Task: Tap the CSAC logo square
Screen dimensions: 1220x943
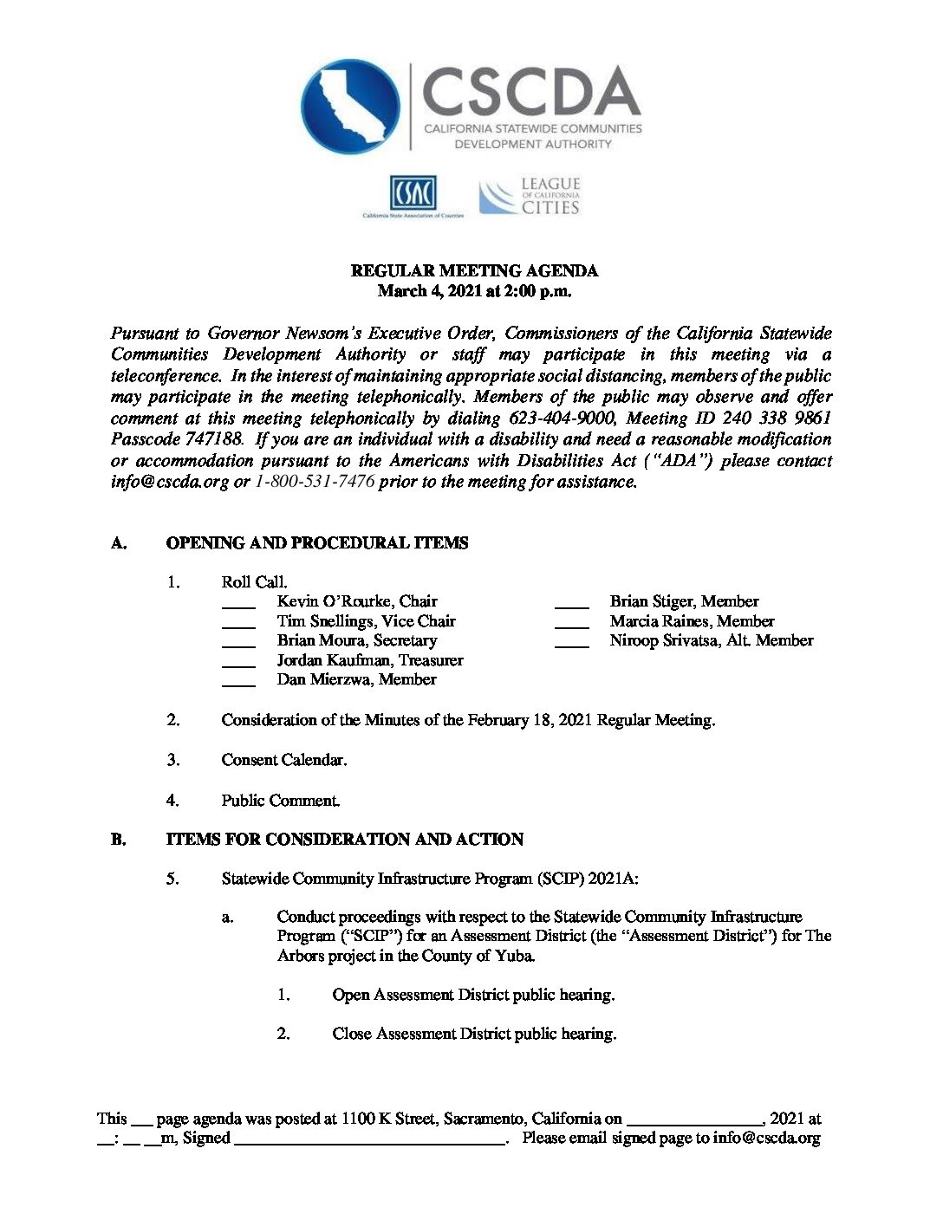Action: [413, 193]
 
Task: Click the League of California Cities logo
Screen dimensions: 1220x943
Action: [530, 197]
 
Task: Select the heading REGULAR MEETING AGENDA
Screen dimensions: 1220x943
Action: [474, 270]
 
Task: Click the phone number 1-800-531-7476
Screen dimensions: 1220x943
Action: [315, 482]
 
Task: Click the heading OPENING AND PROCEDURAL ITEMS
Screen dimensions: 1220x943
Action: [317, 543]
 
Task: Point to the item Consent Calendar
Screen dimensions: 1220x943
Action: [283, 760]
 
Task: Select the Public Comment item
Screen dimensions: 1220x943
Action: [280, 801]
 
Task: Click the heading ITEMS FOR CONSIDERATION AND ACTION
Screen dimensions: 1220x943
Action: [345, 840]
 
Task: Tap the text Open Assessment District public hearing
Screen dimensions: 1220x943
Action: [473, 995]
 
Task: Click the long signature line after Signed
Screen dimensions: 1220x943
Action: [370, 1144]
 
